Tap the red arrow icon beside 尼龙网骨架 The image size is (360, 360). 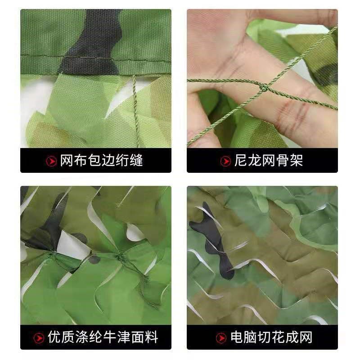coord(226,161)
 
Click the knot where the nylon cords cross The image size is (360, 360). coord(262,89)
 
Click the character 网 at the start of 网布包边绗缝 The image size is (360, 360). coord(67,161)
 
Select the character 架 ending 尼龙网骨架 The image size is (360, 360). coord(296,161)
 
